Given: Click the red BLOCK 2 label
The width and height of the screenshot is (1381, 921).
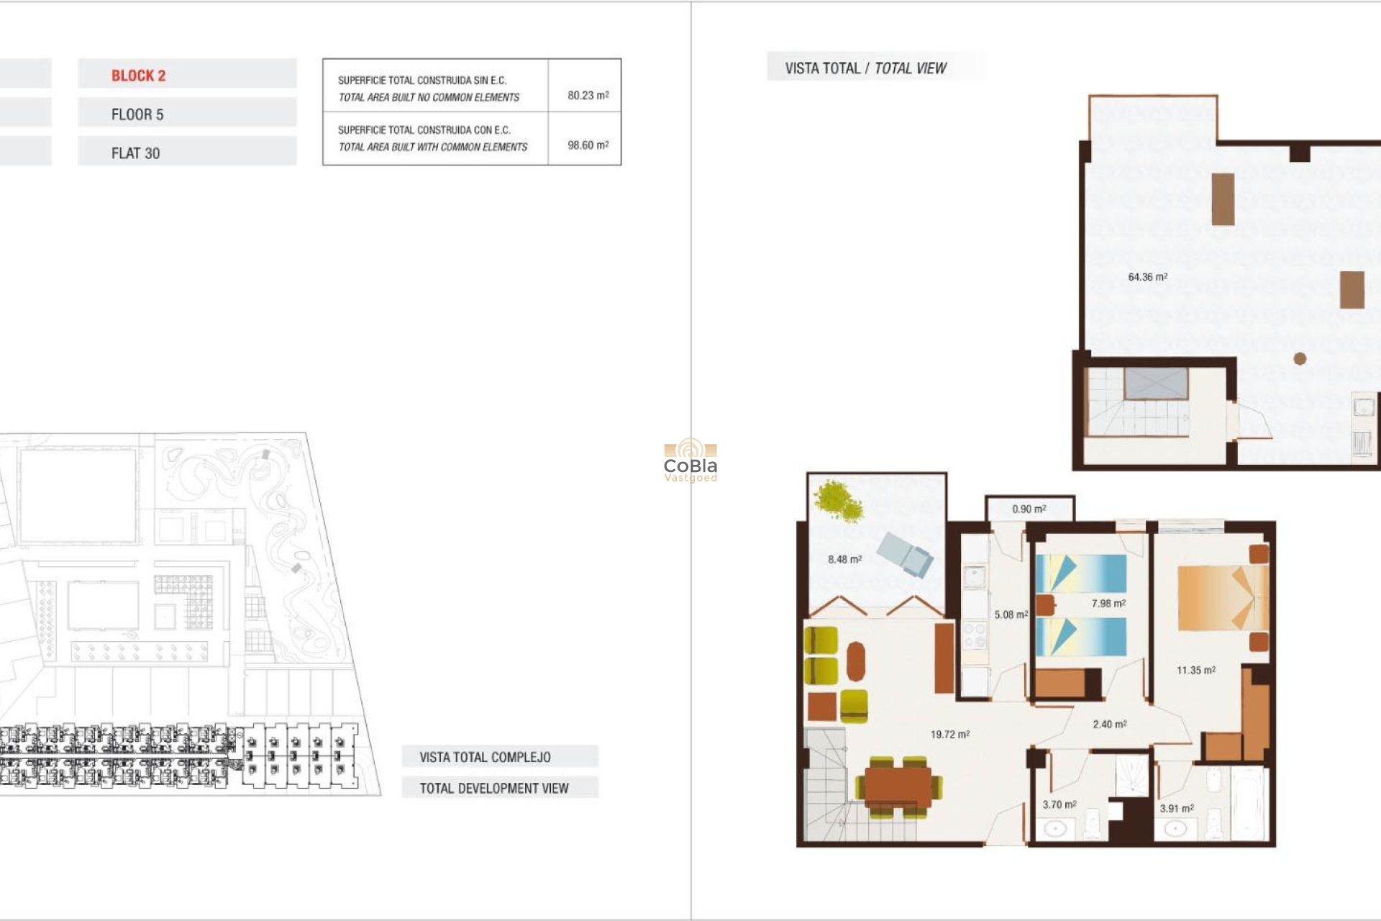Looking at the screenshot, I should coord(138,76).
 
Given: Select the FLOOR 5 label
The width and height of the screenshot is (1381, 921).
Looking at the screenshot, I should coord(137,114).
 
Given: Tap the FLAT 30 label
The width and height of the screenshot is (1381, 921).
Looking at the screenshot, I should coord(135,153).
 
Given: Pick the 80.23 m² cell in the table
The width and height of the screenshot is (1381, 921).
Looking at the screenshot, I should coord(588,95).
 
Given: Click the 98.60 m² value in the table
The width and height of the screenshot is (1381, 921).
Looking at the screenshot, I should coord(588,145).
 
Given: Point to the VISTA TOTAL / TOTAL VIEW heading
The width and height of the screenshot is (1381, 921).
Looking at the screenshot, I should coord(865,68).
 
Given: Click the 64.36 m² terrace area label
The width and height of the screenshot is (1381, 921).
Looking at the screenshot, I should coord(1147,277).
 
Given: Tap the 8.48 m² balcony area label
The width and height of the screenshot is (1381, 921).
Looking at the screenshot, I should coord(844,559).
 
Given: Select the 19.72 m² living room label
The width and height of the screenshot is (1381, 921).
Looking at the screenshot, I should coord(949,735).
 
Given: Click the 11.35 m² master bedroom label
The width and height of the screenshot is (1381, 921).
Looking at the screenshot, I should coord(1195,670).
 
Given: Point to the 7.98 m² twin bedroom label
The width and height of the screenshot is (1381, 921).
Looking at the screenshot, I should coord(1108,604).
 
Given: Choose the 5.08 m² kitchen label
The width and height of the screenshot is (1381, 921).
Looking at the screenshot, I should coord(1011,614).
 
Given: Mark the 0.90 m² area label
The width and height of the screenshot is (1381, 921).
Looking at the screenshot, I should coord(1029,509).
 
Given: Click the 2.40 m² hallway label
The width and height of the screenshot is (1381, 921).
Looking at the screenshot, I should coord(1109,725).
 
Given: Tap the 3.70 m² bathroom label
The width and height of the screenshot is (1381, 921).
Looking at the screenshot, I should coord(1059,804).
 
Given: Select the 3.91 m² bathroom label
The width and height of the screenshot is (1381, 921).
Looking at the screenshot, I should coord(1176,808).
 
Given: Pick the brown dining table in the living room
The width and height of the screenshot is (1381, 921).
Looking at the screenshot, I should coord(898,785).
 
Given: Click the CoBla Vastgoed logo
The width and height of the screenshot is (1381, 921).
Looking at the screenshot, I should coord(690,460).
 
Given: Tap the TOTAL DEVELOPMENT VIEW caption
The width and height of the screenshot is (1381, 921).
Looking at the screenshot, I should coord(494,788).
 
